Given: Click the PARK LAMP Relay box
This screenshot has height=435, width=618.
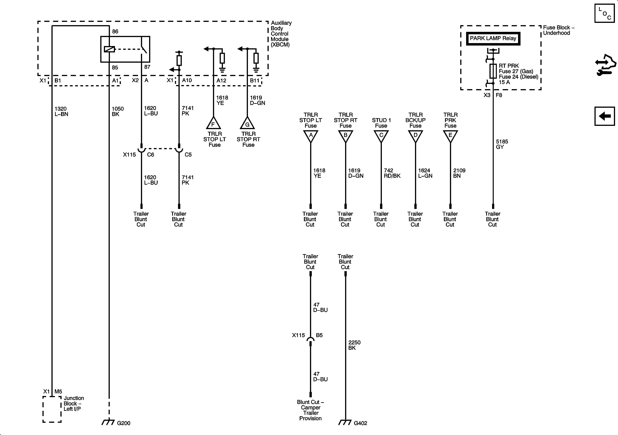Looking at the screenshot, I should [x=493, y=39].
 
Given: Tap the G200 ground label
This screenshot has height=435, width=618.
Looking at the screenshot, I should [x=123, y=423].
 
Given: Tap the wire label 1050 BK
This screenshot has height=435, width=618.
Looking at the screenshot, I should [x=118, y=111].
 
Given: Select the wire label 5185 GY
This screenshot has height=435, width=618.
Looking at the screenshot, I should [x=502, y=144].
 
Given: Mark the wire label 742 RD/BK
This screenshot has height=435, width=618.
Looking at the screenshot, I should [x=392, y=173].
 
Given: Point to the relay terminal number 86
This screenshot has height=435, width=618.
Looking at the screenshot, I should [x=115, y=32].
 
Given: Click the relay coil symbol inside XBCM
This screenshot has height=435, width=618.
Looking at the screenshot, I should [x=109, y=49].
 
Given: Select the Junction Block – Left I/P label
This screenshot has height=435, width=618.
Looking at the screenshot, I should [x=73, y=403].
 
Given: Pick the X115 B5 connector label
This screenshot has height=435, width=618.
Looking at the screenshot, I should [x=307, y=335].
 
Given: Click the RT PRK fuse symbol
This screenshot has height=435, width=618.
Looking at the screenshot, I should [x=493, y=71].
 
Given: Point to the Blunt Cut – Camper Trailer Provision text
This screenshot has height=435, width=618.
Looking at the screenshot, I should [x=310, y=410].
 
